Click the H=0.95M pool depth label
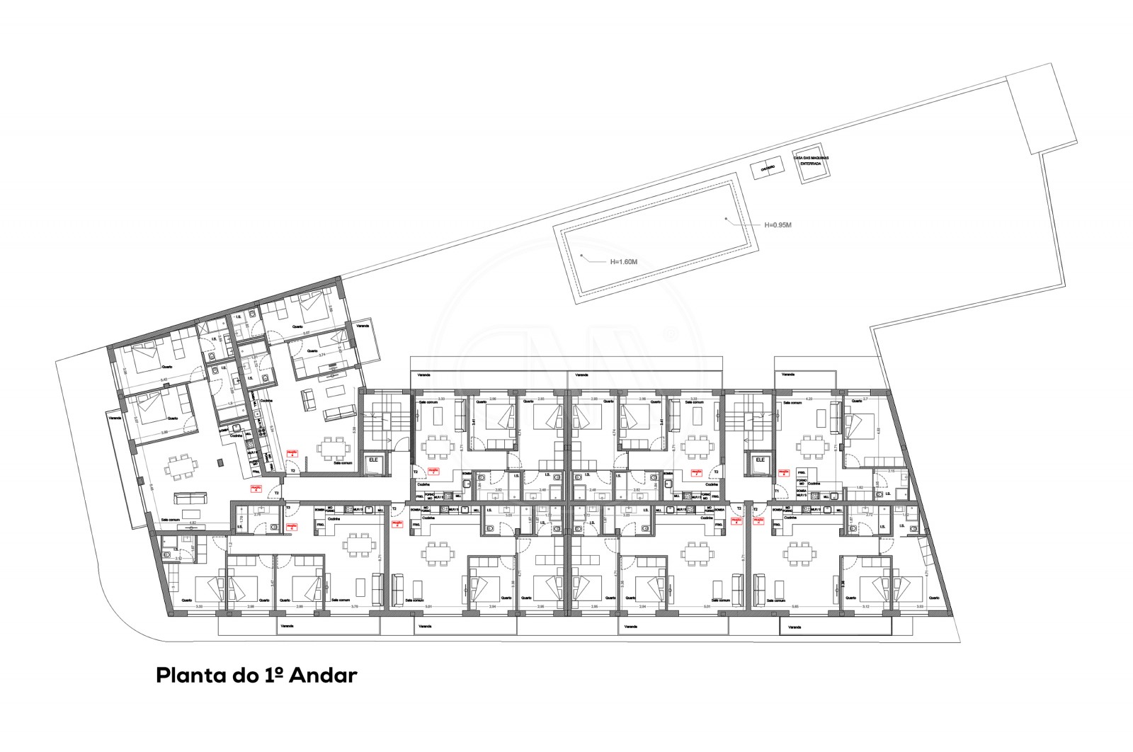click(x=777, y=225)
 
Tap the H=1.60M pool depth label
click(x=624, y=261)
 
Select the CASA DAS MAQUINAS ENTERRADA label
click(x=811, y=161)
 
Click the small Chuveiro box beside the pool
click(x=767, y=169)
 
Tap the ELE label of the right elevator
click(x=761, y=460)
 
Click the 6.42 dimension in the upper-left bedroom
click(x=164, y=380)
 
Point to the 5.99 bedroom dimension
click(x=164, y=433)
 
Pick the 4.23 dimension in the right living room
click(x=807, y=401)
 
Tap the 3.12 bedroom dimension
click(x=866, y=607)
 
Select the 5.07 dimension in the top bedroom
click(x=306, y=332)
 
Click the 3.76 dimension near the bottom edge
click(x=355, y=607)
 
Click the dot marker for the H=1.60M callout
click(x=581, y=254)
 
